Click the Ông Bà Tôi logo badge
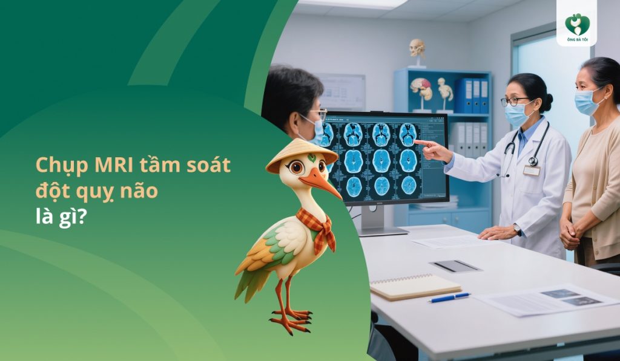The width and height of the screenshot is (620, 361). point(576,24)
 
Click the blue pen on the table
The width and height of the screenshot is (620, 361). point(449,297)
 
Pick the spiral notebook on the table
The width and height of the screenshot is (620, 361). point(415,286)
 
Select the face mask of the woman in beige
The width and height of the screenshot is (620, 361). point(586,102)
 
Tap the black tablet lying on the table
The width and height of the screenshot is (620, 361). point(455,266)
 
